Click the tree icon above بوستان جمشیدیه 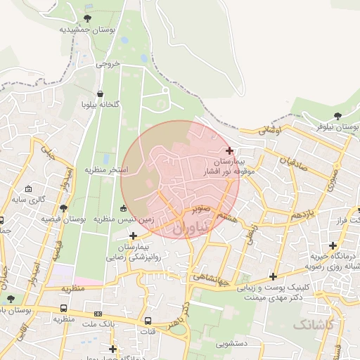click(86, 18)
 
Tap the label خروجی click(108, 63)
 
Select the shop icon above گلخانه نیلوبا click(101, 94)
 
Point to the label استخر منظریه click(107, 170)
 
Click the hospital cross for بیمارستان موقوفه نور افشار click(230, 150)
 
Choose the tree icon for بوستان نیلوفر click(337, 115)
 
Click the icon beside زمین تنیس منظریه click(124, 208)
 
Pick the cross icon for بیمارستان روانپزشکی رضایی click(133, 236)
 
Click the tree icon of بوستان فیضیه click(64, 208)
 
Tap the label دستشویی click(231, 345)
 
